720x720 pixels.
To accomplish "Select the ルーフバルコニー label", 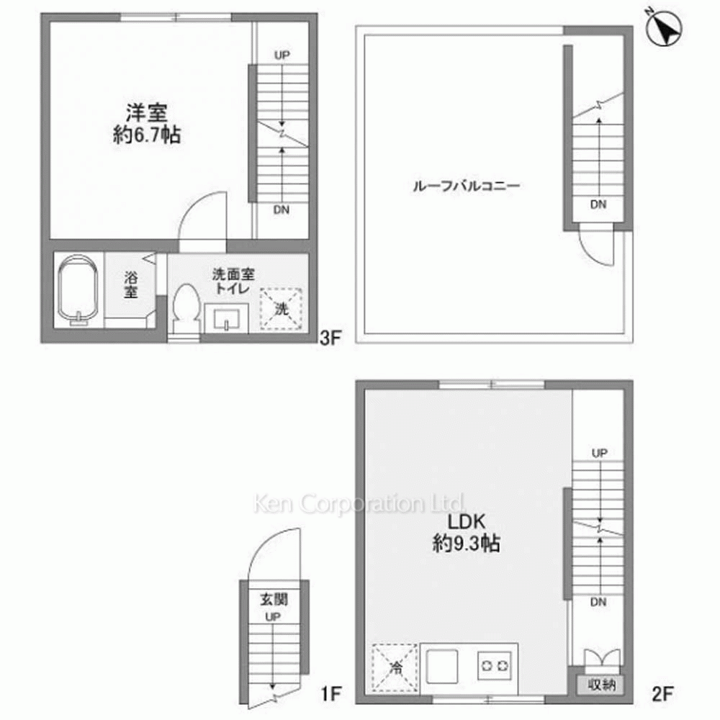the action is click(x=466, y=186).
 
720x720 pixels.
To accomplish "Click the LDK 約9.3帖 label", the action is click(x=466, y=533).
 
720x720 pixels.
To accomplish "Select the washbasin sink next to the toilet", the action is click(x=226, y=318).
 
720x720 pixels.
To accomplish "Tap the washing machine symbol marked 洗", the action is click(x=281, y=309).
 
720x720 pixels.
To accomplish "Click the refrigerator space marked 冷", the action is click(x=395, y=667).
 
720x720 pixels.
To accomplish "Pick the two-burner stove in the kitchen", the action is click(x=495, y=665).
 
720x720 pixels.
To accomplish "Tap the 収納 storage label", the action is click(x=601, y=685).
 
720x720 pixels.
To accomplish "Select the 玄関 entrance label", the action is click(x=274, y=599).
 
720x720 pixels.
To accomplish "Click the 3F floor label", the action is click(x=330, y=338).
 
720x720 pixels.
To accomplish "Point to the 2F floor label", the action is click(x=662, y=694).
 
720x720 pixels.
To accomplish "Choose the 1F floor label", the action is click(x=330, y=693).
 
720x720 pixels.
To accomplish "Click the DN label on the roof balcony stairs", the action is click(x=598, y=204).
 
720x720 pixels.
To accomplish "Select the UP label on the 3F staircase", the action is click(x=282, y=55).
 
